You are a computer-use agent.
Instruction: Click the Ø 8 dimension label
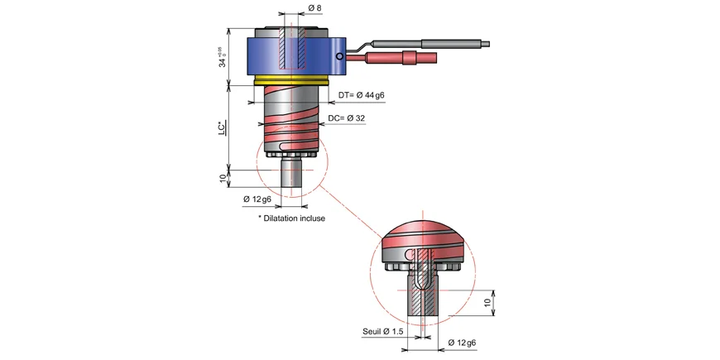[x=315, y=7]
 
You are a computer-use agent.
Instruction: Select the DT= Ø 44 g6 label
[x=362, y=95]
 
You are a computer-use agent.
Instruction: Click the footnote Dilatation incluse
[x=291, y=218]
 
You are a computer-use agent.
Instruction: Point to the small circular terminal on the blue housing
[x=338, y=56]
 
